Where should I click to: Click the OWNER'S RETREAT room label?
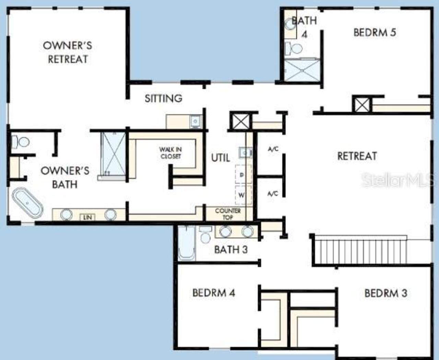point(68,52)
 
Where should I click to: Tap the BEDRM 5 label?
point(375,33)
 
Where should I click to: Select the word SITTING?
point(163,98)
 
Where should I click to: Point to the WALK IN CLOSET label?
point(170,153)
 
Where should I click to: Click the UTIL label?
point(220,158)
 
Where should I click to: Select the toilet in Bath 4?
point(294,48)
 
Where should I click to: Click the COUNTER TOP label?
point(228,214)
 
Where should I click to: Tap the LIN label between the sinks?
point(87,217)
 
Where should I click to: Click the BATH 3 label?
point(230,249)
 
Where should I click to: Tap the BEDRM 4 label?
point(214,293)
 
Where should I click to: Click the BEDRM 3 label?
point(385,293)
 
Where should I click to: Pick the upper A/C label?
point(273,149)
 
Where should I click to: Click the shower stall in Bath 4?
point(302,70)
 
